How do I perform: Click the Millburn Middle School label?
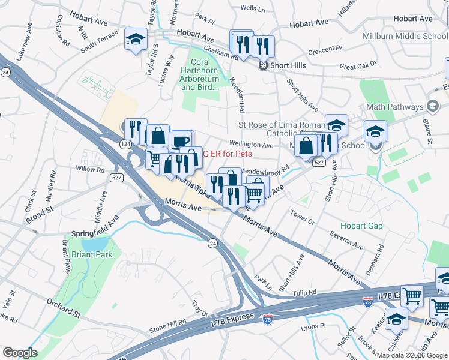pyautogui.click(x=405, y=36)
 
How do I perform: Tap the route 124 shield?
pyautogui.click(x=125, y=145)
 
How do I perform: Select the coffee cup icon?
pyautogui.click(x=181, y=141)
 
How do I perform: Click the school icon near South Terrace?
pyautogui.click(x=136, y=40)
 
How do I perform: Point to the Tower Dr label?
pyautogui.click(x=302, y=216)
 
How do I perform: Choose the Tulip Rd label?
pyautogui.click(x=304, y=293)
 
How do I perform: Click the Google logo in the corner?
pyautogui.click(x=20, y=352)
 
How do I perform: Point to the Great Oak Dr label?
pyautogui.click(x=358, y=64)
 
